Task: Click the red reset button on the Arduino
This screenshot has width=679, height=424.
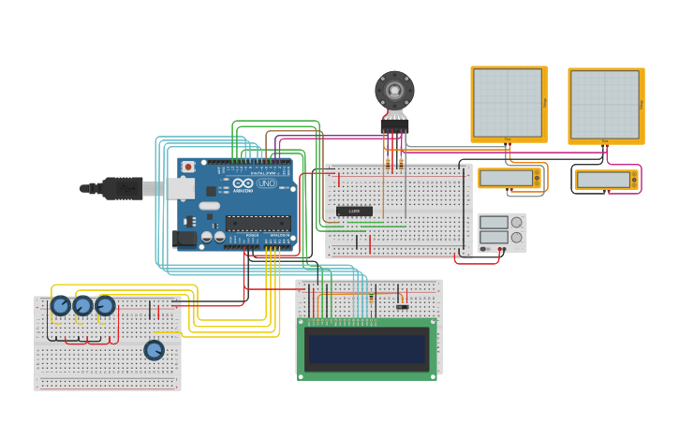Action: click(188, 167)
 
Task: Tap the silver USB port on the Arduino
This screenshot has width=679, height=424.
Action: click(181, 188)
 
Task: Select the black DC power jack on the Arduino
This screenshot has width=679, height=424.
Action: click(185, 239)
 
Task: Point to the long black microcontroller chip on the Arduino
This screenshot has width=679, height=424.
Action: click(258, 223)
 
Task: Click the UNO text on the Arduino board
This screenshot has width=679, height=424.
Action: click(266, 183)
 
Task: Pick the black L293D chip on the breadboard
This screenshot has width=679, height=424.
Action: click(354, 211)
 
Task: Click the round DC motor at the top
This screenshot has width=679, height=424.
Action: click(394, 91)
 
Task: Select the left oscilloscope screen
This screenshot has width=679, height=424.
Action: click(508, 102)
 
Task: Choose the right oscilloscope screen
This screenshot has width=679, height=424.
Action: click(605, 104)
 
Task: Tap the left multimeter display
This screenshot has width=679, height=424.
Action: click(507, 178)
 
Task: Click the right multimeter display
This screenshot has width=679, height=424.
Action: click(603, 180)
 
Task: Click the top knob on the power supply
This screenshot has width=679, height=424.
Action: click(516, 223)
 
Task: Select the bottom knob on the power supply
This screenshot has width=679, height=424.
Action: click(516, 238)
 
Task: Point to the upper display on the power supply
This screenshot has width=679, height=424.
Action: click(494, 223)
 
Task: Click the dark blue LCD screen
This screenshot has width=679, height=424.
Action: click(367, 348)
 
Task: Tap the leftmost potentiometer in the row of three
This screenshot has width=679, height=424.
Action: click(61, 306)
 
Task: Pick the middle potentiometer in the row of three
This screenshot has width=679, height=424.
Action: click(83, 306)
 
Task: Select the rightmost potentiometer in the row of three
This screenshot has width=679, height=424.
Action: click(105, 306)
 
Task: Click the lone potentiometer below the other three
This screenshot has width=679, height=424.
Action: click(154, 350)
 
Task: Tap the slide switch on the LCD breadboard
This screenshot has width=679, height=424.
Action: click(402, 306)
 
